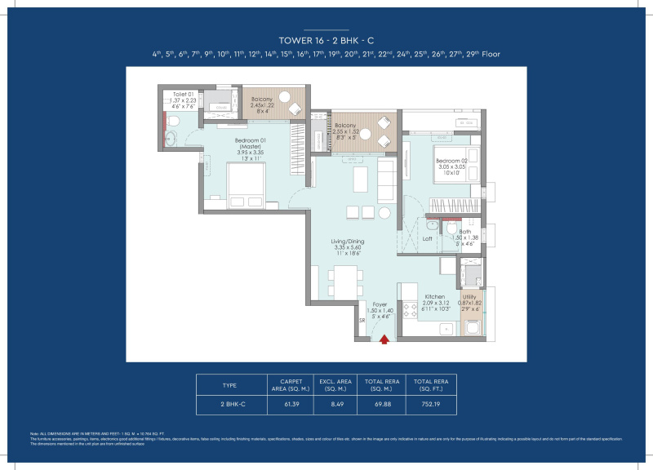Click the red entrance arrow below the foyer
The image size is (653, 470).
click(383, 340)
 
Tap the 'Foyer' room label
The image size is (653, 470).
click(380, 304)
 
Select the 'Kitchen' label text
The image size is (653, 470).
click(433, 297)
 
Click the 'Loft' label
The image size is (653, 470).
click(427, 239)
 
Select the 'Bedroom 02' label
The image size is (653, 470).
click(451, 161)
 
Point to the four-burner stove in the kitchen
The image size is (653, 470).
click(407, 311)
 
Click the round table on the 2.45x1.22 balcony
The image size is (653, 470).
click(286, 99)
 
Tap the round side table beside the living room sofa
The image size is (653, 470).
click(384, 212)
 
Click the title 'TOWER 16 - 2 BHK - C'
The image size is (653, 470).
click(326, 39)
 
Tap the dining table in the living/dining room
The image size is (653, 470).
click(346, 280)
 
